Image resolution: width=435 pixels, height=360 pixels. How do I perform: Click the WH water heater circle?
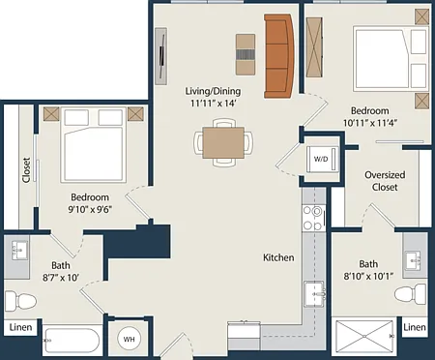(129, 339)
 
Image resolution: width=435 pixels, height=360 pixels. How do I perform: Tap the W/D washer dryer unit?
(322, 159)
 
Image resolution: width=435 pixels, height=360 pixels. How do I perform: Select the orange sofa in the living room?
(279, 56)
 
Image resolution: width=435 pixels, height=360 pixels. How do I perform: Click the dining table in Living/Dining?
(223, 142)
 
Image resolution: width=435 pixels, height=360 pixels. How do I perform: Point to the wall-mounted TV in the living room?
(161, 56)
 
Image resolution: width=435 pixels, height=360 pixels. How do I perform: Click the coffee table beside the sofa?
(246, 54)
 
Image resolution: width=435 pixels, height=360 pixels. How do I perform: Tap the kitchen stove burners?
(313, 218)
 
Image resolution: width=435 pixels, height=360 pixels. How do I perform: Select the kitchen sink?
(313, 294)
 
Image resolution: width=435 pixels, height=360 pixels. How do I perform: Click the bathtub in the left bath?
(72, 341)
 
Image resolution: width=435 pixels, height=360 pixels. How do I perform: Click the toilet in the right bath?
(411, 294)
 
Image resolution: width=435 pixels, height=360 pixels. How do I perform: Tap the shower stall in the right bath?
(364, 336)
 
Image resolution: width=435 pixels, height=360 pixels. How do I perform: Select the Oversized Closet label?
(385, 181)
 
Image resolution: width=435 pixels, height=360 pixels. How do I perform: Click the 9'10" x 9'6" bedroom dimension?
(90, 210)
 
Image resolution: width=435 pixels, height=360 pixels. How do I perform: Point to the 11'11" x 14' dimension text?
(214, 104)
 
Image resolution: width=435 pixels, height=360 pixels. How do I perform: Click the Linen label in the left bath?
(20, 327)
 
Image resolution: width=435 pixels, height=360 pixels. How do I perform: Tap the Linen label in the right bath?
(415, 327)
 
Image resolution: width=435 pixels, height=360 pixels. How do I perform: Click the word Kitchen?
(278, 257)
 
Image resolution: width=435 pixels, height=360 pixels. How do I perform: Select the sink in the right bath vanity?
(414, 260)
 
